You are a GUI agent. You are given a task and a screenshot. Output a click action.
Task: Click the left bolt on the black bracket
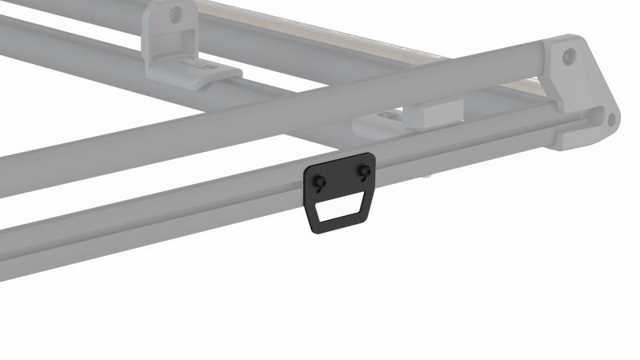[x=320, y=181]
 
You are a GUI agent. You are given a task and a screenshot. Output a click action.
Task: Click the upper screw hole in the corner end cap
[x=569, y=55]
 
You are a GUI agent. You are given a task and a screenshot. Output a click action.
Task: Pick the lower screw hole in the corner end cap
[x=610, y=120]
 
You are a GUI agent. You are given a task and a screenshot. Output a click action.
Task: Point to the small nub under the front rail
[x=430, y=172]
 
